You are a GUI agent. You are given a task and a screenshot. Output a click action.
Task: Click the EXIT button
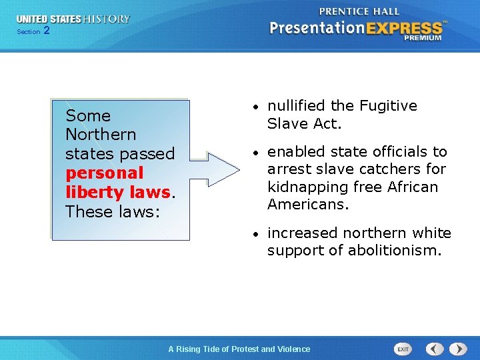pos(403,349)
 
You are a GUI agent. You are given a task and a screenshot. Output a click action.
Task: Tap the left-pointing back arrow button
pos(435,349)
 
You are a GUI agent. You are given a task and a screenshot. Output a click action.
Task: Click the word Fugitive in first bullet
pos(387,106)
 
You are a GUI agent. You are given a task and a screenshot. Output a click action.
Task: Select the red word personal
pos(104,173)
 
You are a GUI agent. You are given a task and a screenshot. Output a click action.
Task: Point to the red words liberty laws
pos(118,192)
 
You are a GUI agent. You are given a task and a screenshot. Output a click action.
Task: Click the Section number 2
pos(46,31)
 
